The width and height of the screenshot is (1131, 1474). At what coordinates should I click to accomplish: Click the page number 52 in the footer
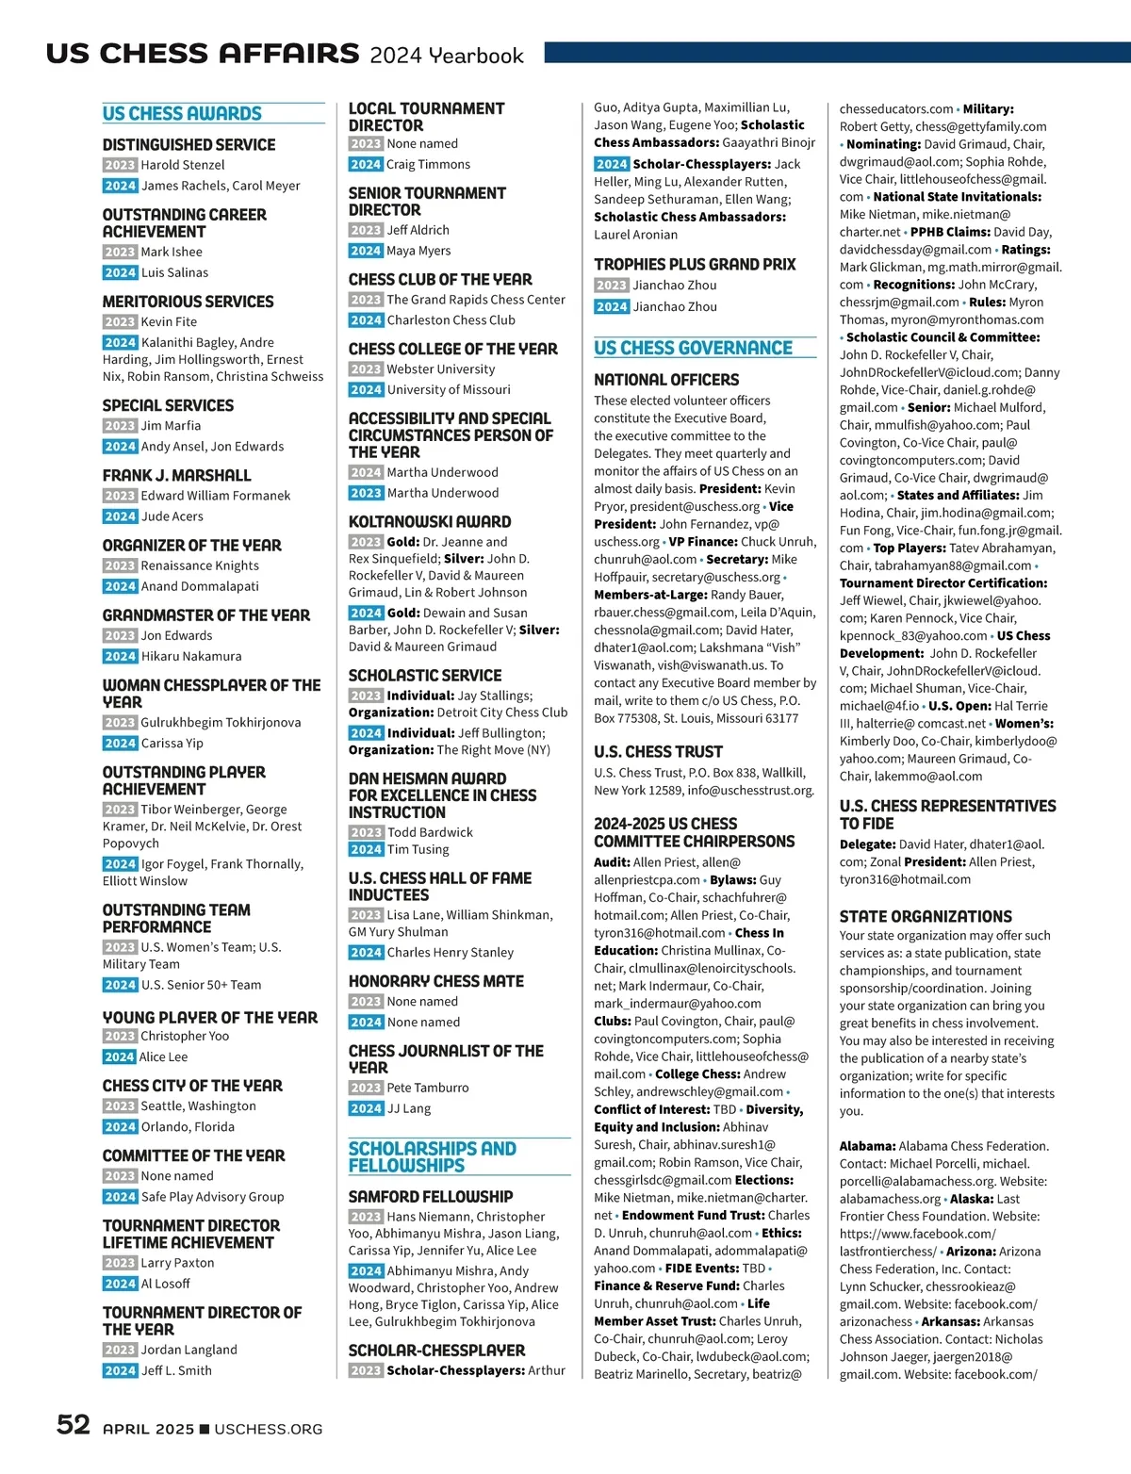pos(73,1424)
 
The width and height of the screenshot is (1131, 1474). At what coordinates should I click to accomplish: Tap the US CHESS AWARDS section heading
pos(182,114)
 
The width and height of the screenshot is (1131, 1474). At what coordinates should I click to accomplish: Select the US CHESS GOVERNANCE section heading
pos(693,349)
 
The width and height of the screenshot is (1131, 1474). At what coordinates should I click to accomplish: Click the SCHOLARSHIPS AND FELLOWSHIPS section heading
pos(432,1156)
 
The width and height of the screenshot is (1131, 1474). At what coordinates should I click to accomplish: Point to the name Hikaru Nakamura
pos(191,656)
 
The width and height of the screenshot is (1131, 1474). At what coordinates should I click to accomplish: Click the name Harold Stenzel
pos(183,165)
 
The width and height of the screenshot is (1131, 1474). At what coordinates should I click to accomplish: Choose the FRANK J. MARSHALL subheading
pos(176,475)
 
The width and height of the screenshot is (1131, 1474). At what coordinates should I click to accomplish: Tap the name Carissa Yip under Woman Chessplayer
pos(172,743)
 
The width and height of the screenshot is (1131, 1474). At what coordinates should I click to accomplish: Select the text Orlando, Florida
pos(188,1126)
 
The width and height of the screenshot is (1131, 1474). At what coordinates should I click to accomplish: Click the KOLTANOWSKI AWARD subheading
pos(430,521)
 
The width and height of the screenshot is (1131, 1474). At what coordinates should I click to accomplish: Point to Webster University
pos(440,369)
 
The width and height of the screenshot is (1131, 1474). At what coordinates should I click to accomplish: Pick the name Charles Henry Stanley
pos(451,953)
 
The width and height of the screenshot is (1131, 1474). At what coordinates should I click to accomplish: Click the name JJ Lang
pos(409,1108)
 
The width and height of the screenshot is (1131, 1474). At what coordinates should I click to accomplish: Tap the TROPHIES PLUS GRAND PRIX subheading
pos(695,265)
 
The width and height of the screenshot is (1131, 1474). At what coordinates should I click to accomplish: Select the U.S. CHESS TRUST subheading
pos(658,752)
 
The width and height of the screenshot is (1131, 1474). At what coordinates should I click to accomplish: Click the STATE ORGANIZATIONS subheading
pos(926,916)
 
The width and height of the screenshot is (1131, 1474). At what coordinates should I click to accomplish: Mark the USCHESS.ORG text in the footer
pos(269,1429)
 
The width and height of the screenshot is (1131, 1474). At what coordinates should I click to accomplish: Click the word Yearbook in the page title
pos(476,56)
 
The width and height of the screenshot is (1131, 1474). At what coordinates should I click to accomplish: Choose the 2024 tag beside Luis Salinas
pos(120,272)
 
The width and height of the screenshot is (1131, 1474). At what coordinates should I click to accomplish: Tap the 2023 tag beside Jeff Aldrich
pos(366,230)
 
